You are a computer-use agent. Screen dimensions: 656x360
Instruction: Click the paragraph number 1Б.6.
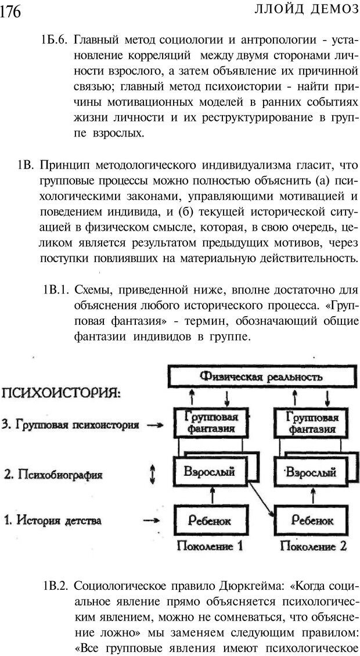click(x=55, y=41)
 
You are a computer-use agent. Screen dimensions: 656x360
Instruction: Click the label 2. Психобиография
click(x=53, y=475)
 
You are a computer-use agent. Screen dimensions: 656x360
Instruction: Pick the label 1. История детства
click(x=53, y=520)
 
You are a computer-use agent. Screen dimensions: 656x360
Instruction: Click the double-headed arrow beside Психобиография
click(x=153, y=475)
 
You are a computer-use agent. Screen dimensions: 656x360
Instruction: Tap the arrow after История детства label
click(x=153, y=521)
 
